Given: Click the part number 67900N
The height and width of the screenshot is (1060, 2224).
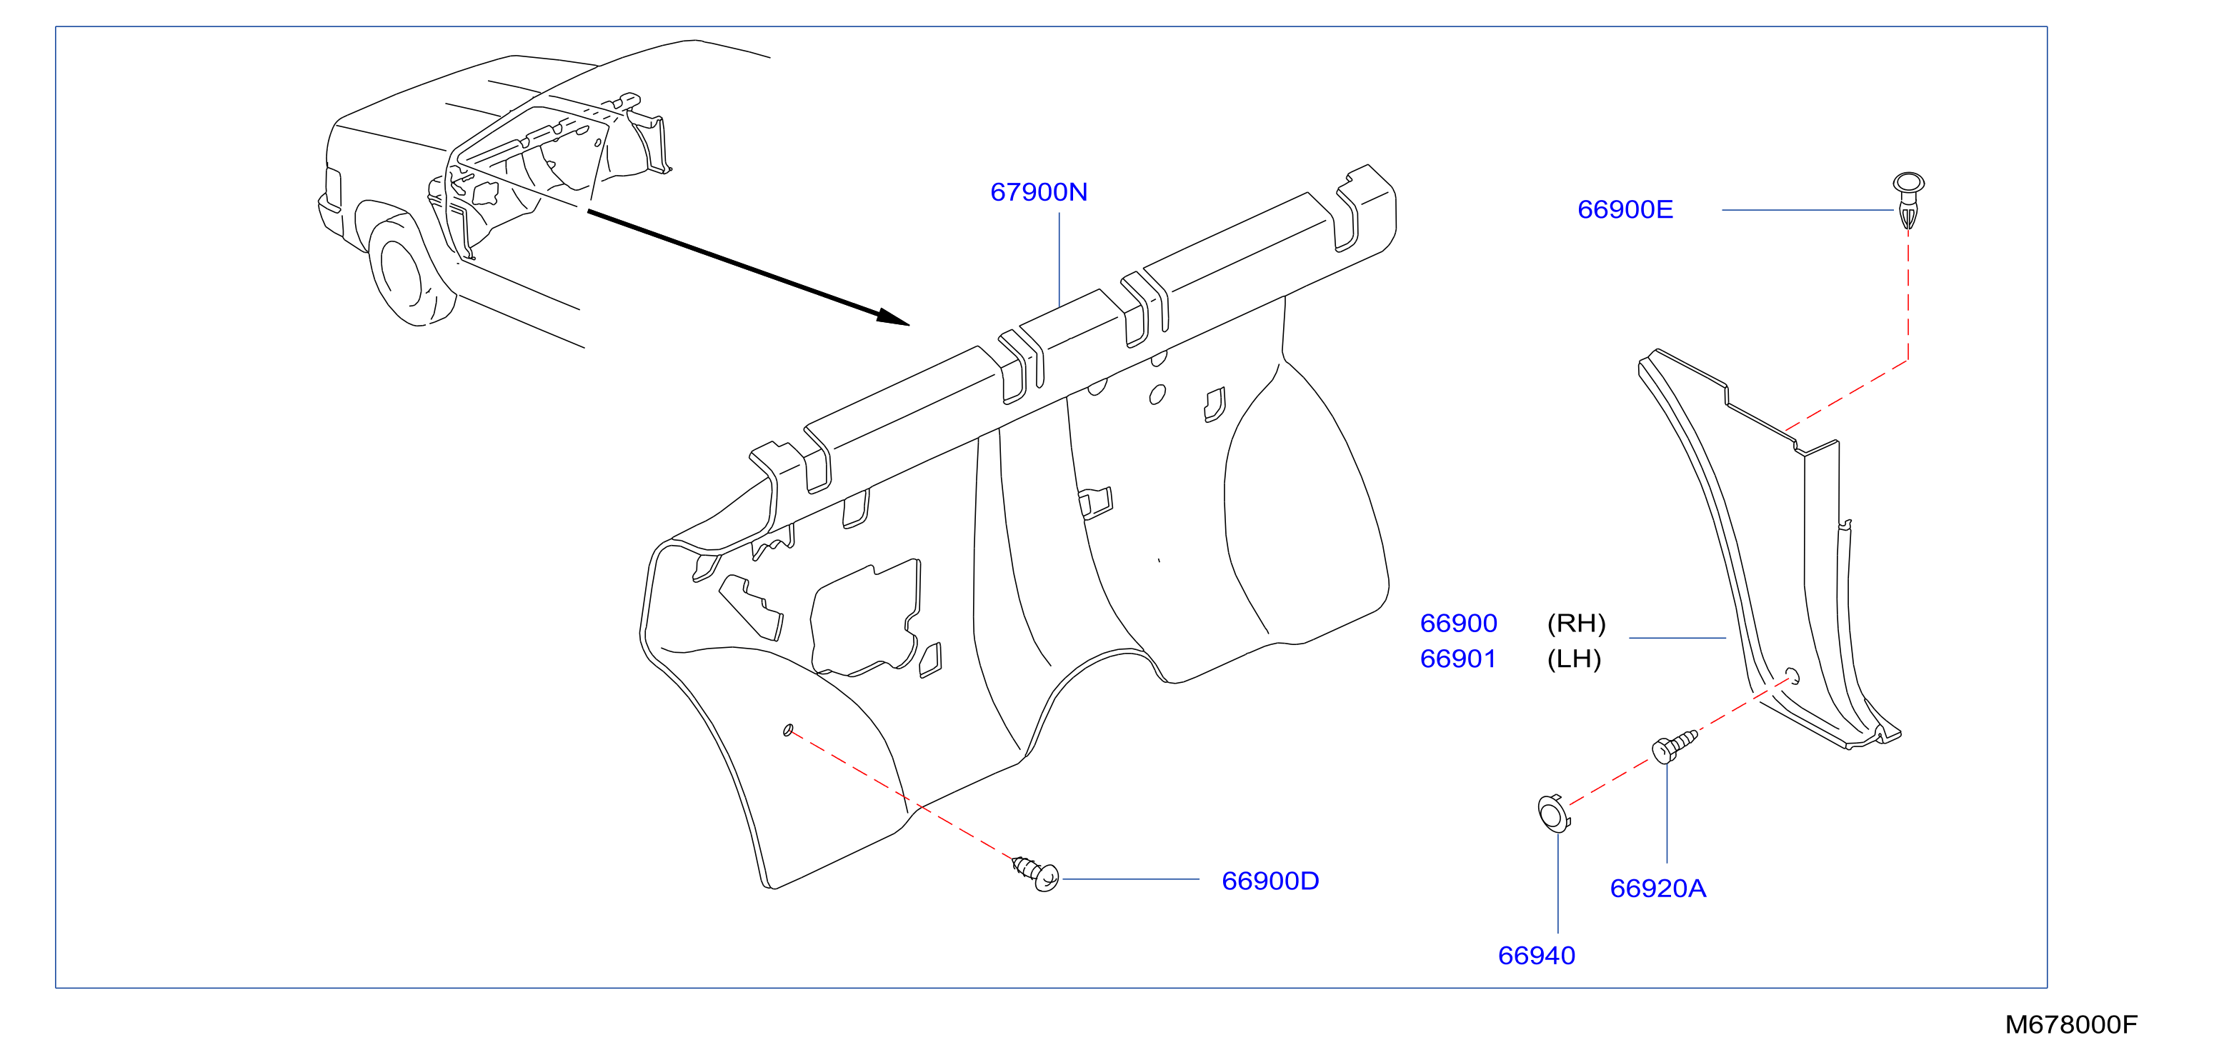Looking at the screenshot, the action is (x=1039, y=191).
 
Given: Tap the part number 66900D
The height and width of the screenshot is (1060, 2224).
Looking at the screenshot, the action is (x=1270, y=881).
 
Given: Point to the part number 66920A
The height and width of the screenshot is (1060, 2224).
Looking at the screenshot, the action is (x=1657, y=889).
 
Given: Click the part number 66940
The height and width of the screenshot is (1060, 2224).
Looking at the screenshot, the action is (x=1536, y=956).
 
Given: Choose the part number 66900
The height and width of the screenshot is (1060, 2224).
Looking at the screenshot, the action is (x=1458, y=624).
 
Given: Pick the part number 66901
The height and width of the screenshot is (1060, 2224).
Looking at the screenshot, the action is (x=1457, y=659).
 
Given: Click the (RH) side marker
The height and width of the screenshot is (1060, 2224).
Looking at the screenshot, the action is (x=1575, y=624).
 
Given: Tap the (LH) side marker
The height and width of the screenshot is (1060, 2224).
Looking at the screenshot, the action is (x=1574, y=659).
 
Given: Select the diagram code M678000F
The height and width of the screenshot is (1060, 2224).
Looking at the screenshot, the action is (x=2071, y=1024).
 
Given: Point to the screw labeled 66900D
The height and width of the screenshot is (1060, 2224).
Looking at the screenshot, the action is (x=1035, y=873).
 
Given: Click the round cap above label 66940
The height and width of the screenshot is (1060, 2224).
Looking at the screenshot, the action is (x=1552, y=813).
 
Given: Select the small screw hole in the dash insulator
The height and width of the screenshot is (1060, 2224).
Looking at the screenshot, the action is (x=787, y=730).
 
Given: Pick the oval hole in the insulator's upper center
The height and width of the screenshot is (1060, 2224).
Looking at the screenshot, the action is (x=1158, y=394).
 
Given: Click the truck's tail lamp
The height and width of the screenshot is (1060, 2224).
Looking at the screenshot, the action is (x=332, y=188).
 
